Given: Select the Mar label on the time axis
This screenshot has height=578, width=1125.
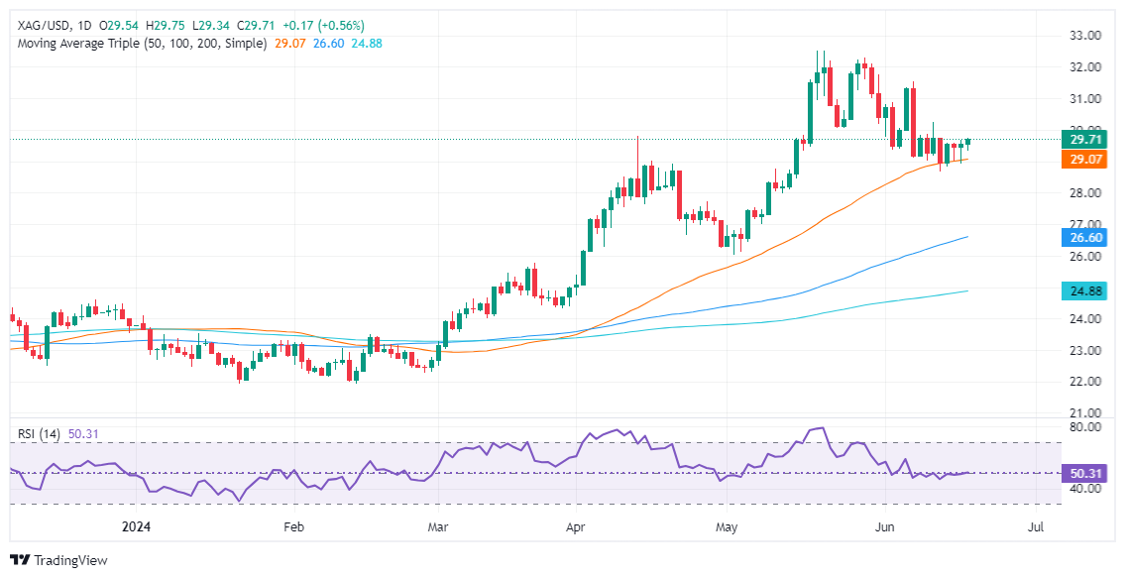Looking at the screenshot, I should (x=437, y=526).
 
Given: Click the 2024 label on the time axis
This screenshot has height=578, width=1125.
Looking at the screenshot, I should (x=136, y=526).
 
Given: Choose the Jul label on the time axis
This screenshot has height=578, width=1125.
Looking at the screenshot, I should (x=1036, y=526).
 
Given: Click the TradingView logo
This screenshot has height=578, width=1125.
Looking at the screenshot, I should (x=58, y=560).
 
